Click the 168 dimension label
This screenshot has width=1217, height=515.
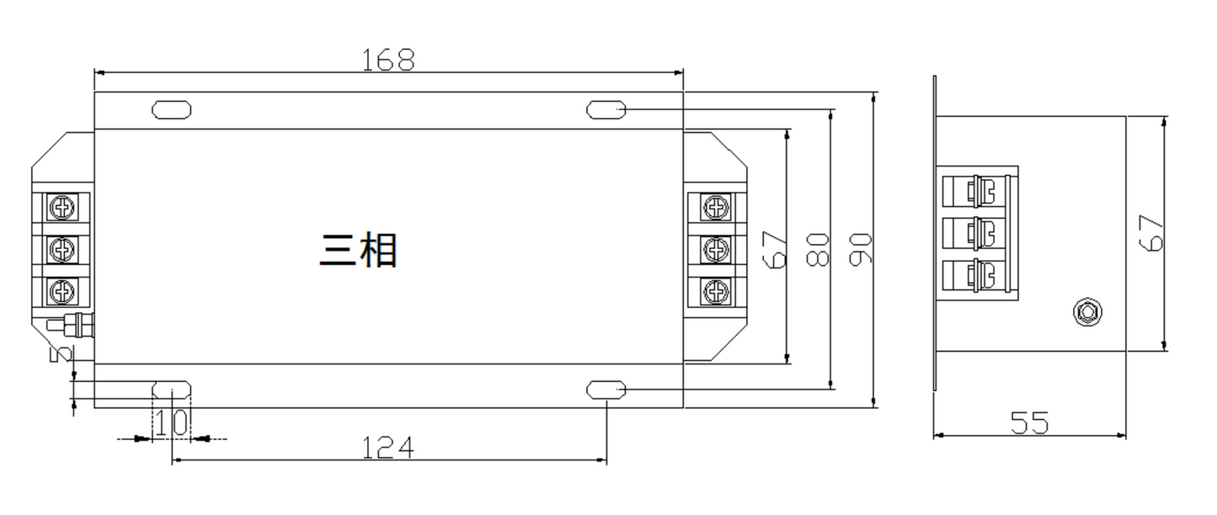point(388,61)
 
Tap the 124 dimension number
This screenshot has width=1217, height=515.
point(388,449)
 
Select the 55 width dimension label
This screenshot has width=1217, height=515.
point(1029,422)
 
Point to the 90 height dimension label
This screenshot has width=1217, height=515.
point(860,250)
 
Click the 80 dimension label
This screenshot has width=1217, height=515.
point(818,250)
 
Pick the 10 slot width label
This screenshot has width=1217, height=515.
point(172,422)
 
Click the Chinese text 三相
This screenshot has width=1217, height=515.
point(359,250)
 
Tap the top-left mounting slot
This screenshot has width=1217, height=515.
point(172,109)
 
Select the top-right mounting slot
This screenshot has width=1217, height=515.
point(606,109)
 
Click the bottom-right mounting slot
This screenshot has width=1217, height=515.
point(606,390)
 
